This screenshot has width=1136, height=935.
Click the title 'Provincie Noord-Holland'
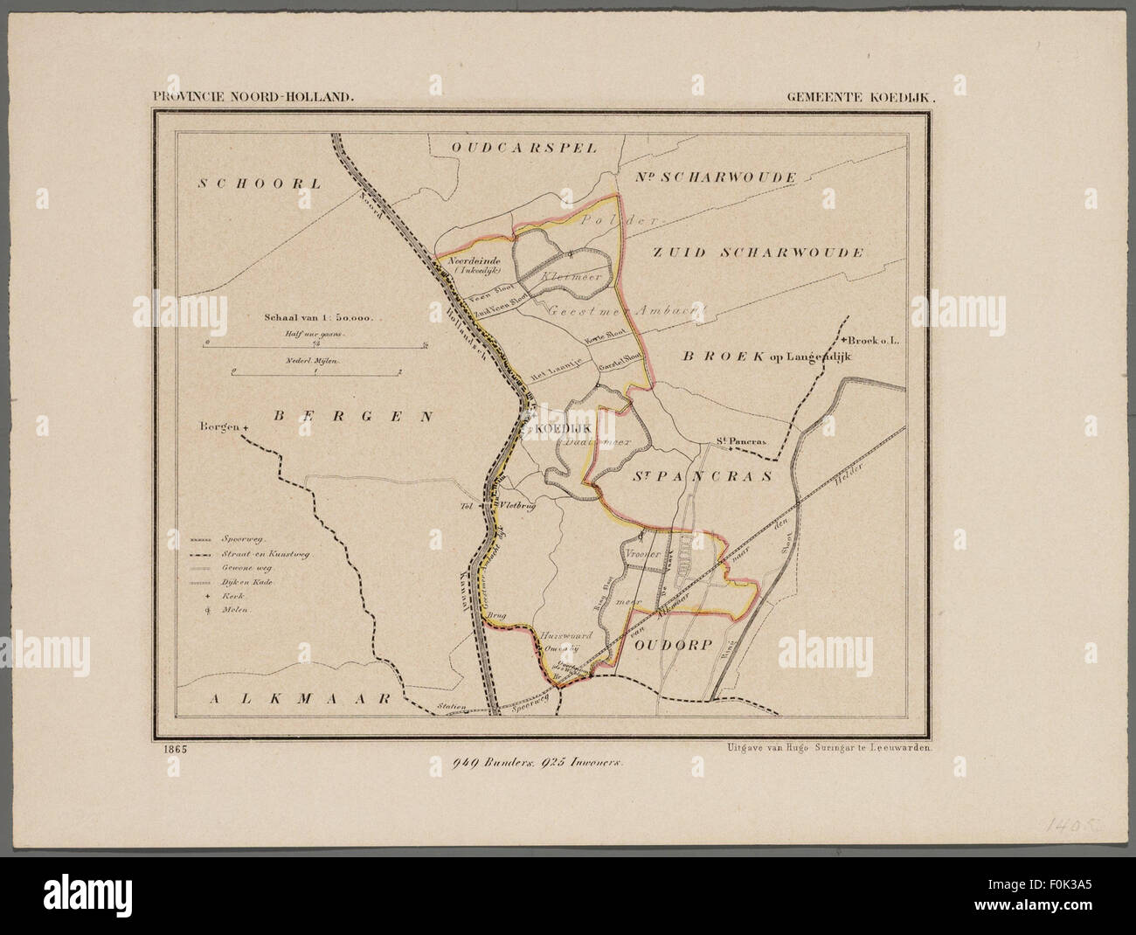253,99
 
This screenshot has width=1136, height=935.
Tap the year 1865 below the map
172,748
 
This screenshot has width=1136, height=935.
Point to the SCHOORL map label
260,183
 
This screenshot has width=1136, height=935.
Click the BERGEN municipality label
353,417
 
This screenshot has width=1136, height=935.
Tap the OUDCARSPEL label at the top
525,148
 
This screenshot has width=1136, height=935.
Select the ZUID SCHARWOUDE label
758,253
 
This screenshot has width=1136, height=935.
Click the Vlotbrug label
516,505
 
